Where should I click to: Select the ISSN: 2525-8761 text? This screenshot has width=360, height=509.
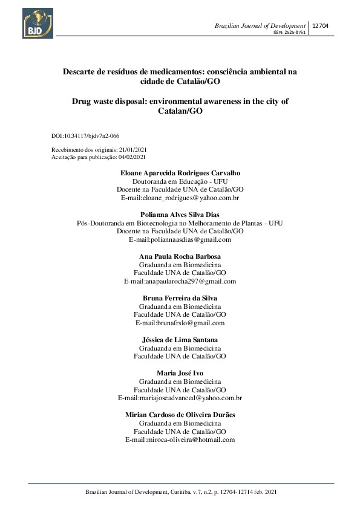(290, 33)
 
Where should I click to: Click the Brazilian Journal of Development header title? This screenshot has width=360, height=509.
(260, 26)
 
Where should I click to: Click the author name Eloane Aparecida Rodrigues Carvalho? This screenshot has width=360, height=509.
(180, 173)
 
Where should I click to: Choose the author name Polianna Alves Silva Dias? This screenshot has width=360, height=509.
(180, 215)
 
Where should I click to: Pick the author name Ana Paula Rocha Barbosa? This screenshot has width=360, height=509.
(180, 256)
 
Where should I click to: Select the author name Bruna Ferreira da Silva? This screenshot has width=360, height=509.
(180, 298)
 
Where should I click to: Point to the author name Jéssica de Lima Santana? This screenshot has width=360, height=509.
(180, 340)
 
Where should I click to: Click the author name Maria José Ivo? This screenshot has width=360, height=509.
(180, 373)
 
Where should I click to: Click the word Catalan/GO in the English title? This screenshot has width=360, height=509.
(180, 112)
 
